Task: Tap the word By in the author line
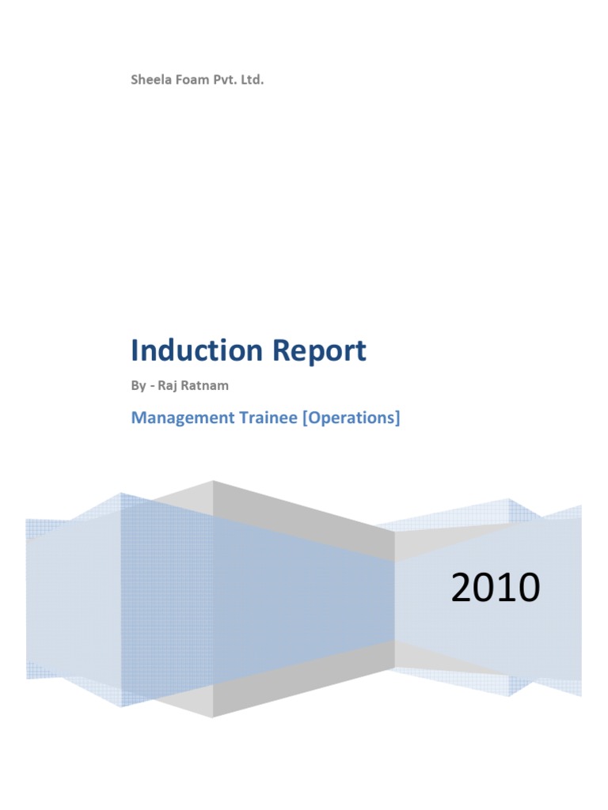(138, 387)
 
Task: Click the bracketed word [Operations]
(351, 418)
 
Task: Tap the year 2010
(496, 589)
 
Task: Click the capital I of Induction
(135, 350)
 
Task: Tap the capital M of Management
(139, 418)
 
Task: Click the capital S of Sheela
(135, 80)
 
